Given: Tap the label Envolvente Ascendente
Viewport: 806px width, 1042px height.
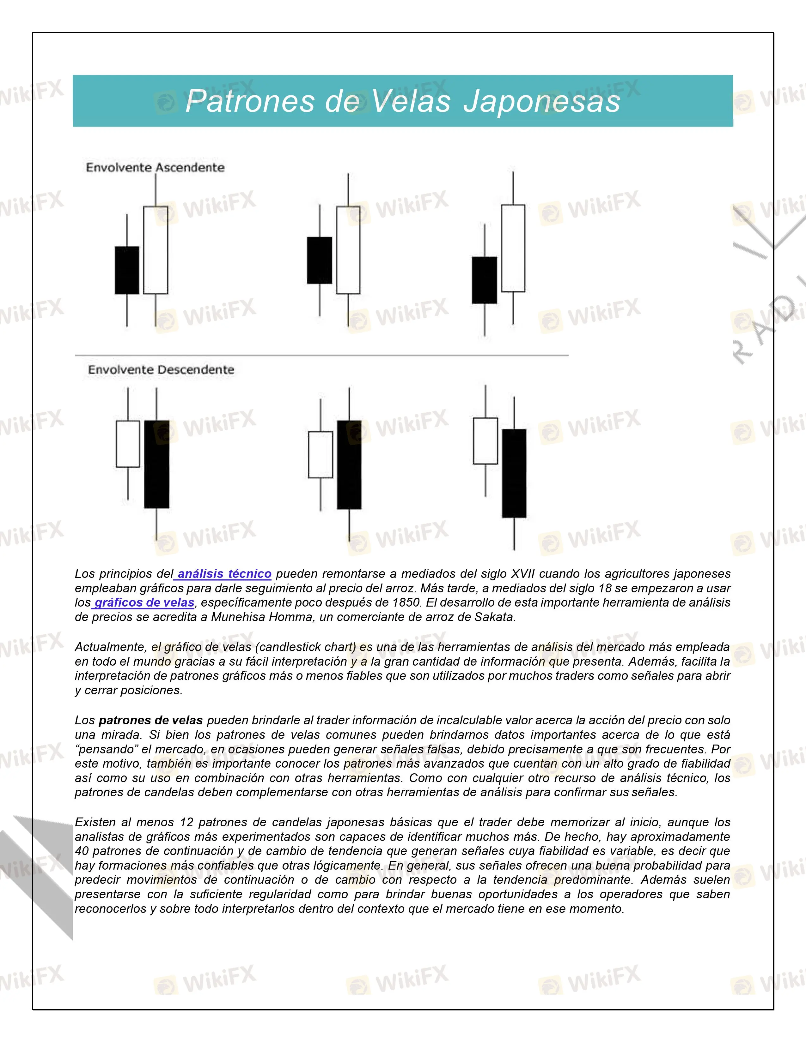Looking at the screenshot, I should click(155, 167).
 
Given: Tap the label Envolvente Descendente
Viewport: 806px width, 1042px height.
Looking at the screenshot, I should click(162, 370).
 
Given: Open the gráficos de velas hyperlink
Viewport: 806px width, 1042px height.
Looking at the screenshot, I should click(144, 602).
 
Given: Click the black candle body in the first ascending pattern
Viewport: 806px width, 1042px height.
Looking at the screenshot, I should click(127, 270).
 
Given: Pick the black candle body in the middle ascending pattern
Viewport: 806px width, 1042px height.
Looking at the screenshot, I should click(320, 260).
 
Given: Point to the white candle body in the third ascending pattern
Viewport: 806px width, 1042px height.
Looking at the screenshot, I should click(513, 248).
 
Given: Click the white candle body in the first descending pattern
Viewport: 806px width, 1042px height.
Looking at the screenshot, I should click(128, 444).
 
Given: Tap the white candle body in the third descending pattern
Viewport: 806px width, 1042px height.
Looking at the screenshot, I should click(485, 441).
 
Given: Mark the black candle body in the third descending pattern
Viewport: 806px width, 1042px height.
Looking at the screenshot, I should click(514, 473).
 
